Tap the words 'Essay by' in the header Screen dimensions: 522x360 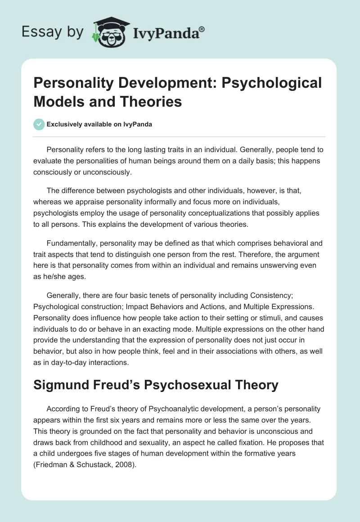coord(53,32)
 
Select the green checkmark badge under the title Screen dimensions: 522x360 coord(39,124)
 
